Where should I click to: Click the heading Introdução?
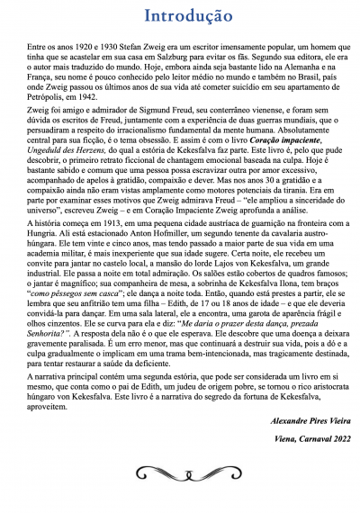[180, 16]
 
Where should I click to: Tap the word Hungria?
[40, 257]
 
